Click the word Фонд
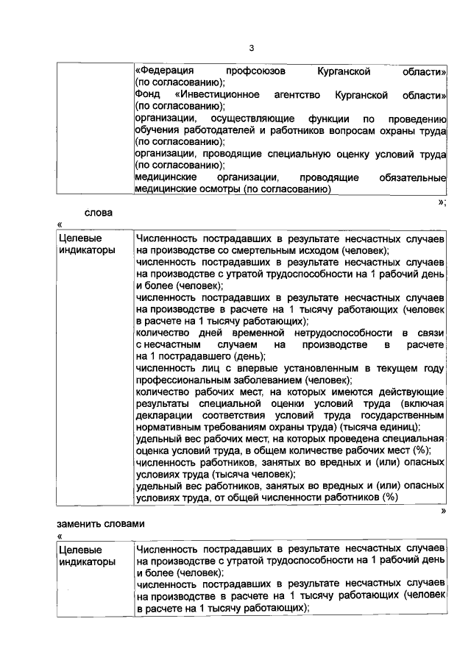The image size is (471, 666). point(147,96)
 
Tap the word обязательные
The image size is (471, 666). point(412,177)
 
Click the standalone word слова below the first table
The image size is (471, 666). point(98,214)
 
